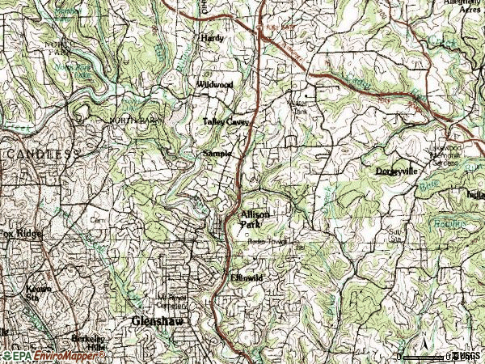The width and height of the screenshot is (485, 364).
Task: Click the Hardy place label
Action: [213, 38]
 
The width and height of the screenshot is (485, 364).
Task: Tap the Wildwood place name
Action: [214, 84]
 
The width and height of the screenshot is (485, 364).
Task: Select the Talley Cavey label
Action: [226, 122]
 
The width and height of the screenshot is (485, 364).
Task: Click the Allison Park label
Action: [254, 219]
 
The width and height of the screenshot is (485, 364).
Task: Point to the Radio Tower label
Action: [268, 242]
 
